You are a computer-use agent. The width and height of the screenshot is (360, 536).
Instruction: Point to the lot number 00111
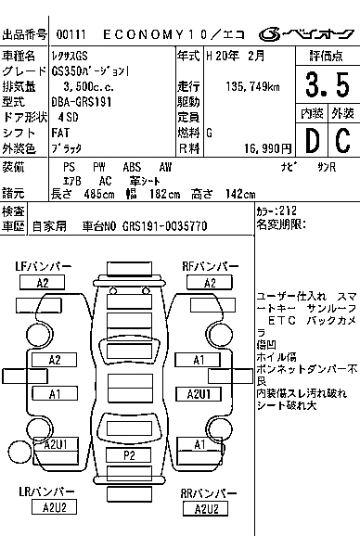point(71,34)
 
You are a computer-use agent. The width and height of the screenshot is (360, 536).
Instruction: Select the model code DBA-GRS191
point(82,101)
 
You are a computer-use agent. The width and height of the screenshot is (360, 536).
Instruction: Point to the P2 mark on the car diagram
point(130,455)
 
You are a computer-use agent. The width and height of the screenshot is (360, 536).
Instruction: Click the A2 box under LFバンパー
point(43,282)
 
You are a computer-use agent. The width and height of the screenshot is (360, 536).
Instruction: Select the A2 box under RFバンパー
point(210,282)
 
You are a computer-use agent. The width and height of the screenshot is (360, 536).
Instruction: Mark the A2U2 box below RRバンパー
point(205,508)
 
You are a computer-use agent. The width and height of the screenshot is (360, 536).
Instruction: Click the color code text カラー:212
point(276,211)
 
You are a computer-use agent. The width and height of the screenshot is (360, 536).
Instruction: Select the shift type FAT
point(60,132)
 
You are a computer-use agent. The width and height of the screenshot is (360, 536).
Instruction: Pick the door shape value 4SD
point(67,117)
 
